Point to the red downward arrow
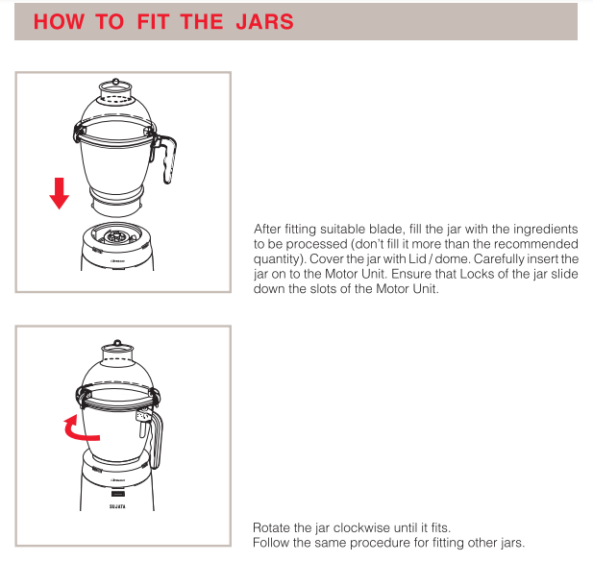(x=60, y=193)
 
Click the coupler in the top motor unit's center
(x=116, y=234)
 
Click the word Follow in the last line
(x=271, y=543)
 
